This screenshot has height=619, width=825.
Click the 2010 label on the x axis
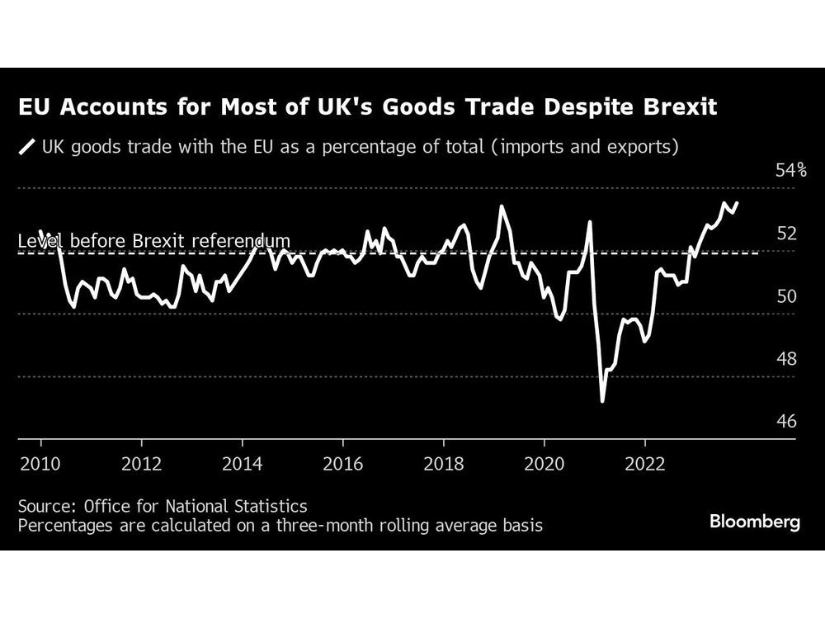(40, 464)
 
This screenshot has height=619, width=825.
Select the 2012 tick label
(141, 464)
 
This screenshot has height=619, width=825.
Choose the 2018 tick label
(444, 464)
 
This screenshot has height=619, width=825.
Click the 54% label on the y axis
(790, 170)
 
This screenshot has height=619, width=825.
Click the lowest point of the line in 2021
(602, 401)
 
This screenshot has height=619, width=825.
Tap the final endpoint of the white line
(737, 202)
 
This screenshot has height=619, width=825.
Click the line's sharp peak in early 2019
(501, 206)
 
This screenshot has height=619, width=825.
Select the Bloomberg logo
(754, 522)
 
